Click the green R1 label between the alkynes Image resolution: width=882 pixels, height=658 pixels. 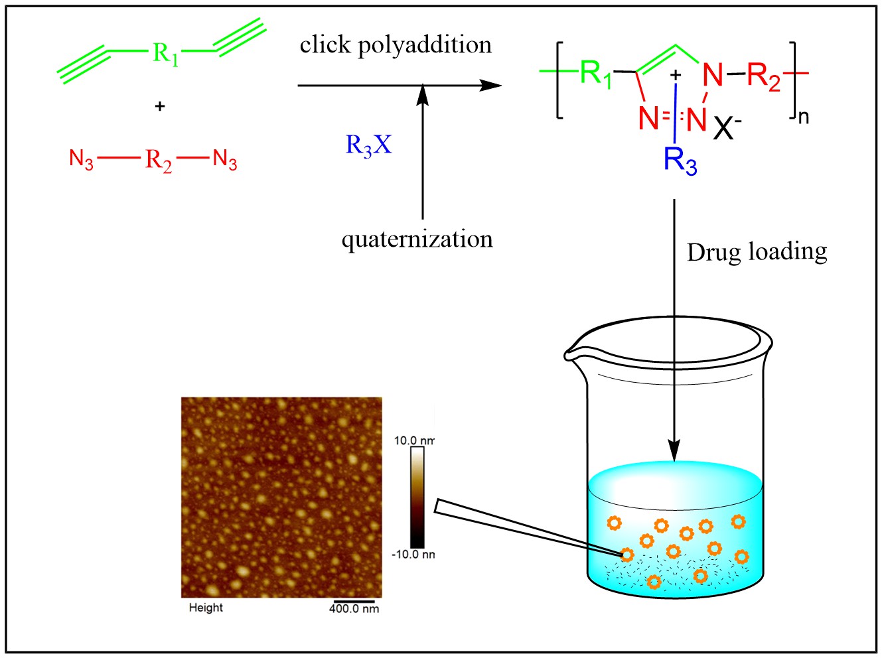[165, 53]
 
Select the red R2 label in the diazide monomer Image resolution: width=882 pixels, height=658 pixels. [159, 160]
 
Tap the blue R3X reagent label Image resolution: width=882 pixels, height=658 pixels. [368, 145]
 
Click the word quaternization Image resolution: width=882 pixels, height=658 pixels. [417, 239]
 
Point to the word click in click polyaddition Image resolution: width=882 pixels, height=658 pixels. [325, 44]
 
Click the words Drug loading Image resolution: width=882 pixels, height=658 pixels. [757, 252]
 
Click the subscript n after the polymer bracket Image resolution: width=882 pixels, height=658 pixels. [803, 117]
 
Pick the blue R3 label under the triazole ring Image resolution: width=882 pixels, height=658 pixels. [680, 161]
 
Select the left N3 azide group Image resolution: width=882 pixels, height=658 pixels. [81, 160]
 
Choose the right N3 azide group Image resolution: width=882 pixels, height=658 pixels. [225, 160]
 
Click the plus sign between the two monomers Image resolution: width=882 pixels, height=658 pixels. [159, 106]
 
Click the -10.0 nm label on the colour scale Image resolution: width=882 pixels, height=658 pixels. [413, 555]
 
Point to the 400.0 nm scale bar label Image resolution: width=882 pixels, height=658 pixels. [354, 609]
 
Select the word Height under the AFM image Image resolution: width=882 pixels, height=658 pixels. [206, 608]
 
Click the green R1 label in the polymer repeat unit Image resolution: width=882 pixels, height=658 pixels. [595, 73]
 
